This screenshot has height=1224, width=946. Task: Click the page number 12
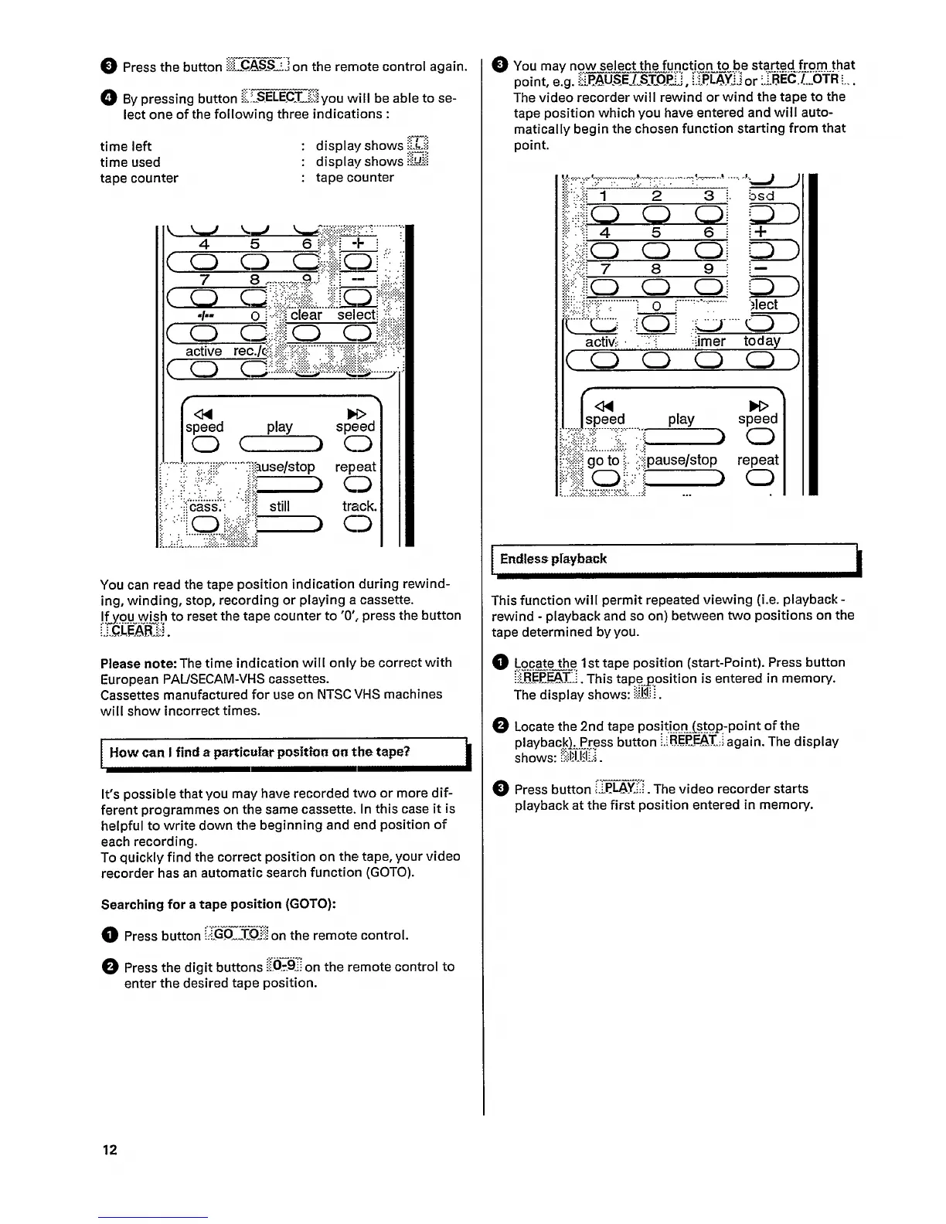(x=110, y=1149)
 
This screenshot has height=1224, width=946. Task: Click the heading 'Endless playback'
(x=553, y=559)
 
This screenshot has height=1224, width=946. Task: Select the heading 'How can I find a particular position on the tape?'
(x=259, y=752)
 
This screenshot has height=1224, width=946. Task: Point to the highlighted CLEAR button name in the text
(x=133, y=631)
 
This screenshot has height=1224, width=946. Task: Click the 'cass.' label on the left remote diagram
(x=205, y=507)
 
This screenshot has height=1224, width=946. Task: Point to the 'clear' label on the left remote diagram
(x=306, y=315)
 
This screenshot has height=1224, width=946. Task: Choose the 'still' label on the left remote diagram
(x=280, y=506)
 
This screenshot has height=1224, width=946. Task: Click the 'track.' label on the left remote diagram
(x=359, y=506)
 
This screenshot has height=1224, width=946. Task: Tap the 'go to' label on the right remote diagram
(x=603, y=461)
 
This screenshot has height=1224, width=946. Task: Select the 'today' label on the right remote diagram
(x=762, y=341)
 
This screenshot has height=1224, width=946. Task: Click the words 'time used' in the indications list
(x=130, y=161)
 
